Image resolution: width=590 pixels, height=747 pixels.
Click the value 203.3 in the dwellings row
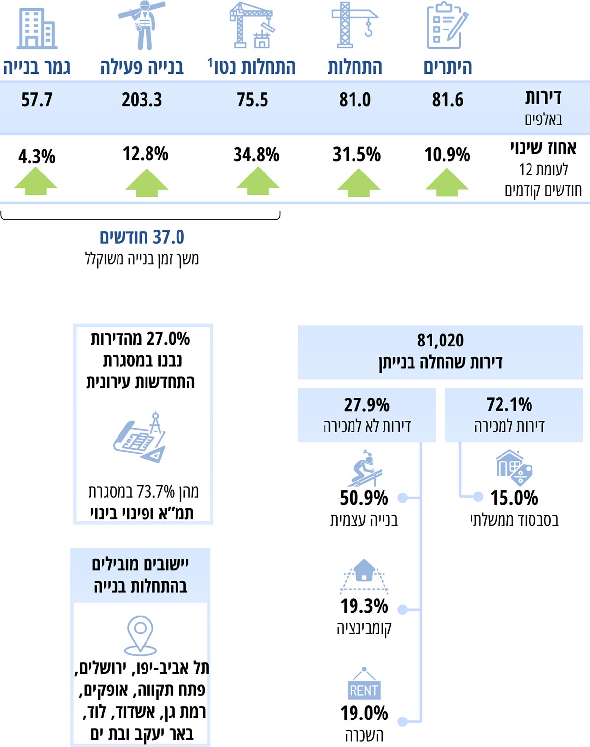[142, 100]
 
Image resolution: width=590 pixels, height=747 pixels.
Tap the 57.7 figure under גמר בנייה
[36, 100]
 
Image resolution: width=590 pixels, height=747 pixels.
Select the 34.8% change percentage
[256, 155]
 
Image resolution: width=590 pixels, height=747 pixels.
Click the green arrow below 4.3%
[36, 181]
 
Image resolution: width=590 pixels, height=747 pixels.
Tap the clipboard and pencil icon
[446, 26]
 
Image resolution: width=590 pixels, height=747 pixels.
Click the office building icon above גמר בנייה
[37, 29]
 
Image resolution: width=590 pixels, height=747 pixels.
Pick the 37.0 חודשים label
[142, 237]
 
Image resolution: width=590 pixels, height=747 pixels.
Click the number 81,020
[441, 340]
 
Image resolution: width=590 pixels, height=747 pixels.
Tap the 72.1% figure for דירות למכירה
[509, 405]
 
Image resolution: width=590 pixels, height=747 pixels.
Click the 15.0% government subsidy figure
[514, 498]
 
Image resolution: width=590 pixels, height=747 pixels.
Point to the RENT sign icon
[364, 685]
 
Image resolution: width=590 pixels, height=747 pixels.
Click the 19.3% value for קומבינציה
[364, 606]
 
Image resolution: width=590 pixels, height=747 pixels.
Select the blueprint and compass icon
[141, 437]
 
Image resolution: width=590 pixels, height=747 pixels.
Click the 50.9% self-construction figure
[364, 498]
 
